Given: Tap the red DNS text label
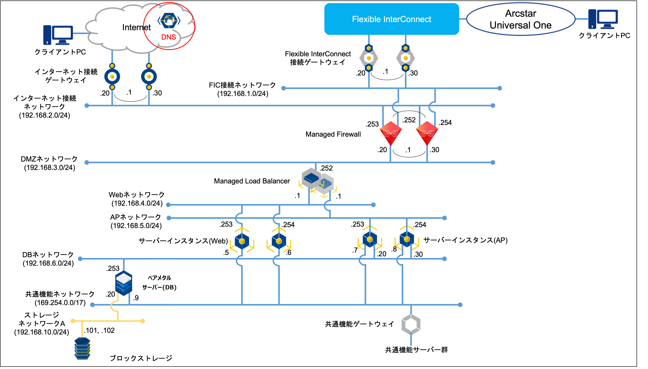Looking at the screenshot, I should (x=169, y=37).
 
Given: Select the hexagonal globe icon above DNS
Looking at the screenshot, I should (x=169, y=20).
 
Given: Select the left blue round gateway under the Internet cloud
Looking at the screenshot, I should (x=112, y=77).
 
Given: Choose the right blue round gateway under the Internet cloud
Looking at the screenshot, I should (x=149, y=77).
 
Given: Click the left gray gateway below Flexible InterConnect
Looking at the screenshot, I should (x=369, y=58).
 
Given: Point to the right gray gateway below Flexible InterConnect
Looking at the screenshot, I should (x=405, y=58).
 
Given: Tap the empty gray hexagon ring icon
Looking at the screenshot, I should (x=411, y=324).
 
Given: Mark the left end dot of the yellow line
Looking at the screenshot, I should (x=73, y=321).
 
